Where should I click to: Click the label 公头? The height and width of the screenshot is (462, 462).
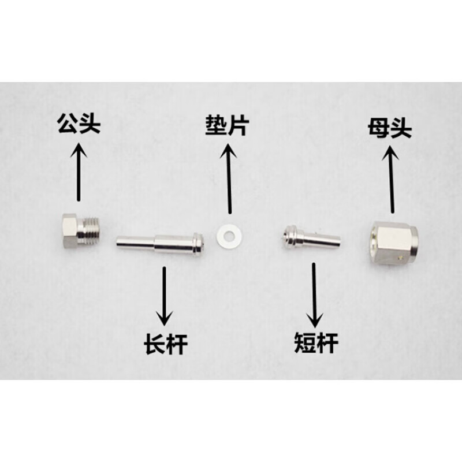(79, 124)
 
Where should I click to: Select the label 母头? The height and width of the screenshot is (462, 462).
(389, 128)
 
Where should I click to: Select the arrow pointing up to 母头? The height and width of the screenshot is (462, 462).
(393, 179)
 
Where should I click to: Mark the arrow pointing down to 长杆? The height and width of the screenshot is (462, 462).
(165, 295)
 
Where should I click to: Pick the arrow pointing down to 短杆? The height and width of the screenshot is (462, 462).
(316, 295)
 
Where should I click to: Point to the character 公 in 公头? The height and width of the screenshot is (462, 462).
(68, 124)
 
